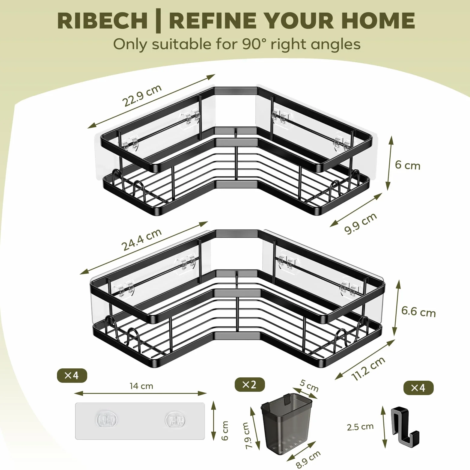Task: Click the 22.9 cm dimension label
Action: pyautogui.click(x=141, y=95)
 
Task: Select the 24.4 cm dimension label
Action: pyautogui.click(x=141, y=239)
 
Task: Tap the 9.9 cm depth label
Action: pyautogui.click(x=361, y=223)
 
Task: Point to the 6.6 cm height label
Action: pyautogui.click(x=418, y=312)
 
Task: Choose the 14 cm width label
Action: pyautogui.click(x=141, y=386)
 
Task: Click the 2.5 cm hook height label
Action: pyautogui.click(x=360, y=427)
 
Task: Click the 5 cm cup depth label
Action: pyautogui.click(x=309, y=385)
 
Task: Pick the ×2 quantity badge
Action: pyautogui.click(x=250, y=384)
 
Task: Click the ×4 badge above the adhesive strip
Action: pyautogui.click(x=72, y=375)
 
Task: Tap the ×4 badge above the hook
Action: pyautogui.click(x=418, y=388)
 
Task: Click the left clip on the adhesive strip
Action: pyautogui.click(x=106, y=420)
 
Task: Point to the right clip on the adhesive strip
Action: pyautogui.click(x=175, y=420)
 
